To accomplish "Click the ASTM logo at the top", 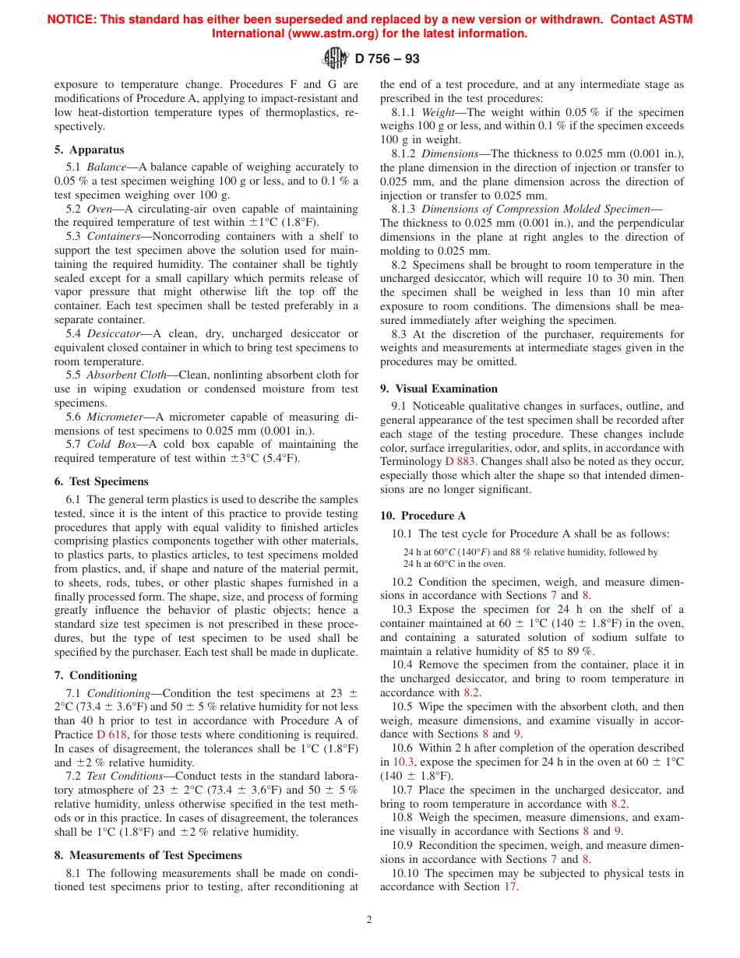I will pos(336,58).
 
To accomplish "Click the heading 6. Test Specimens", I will pos(101,481).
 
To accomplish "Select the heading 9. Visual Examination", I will pos(439,389).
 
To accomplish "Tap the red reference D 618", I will pos(111,734).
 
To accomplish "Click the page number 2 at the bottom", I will pos(370,919).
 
